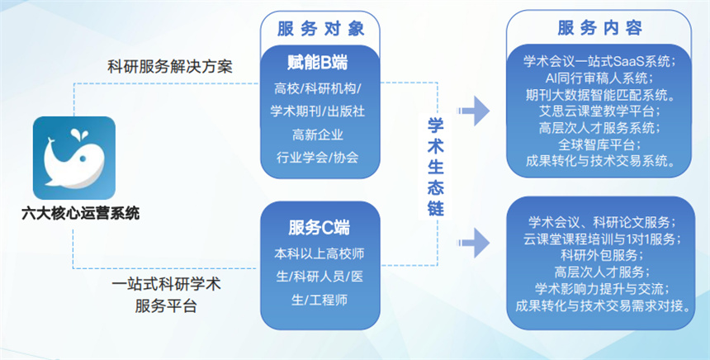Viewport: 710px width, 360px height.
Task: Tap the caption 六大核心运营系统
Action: click(x=80, y=213)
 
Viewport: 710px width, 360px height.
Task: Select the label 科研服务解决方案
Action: click(x=170, y=66)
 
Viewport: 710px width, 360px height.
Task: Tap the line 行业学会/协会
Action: click(x=319, y=156)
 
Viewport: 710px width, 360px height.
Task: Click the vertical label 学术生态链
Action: click(x=436, y=165)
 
